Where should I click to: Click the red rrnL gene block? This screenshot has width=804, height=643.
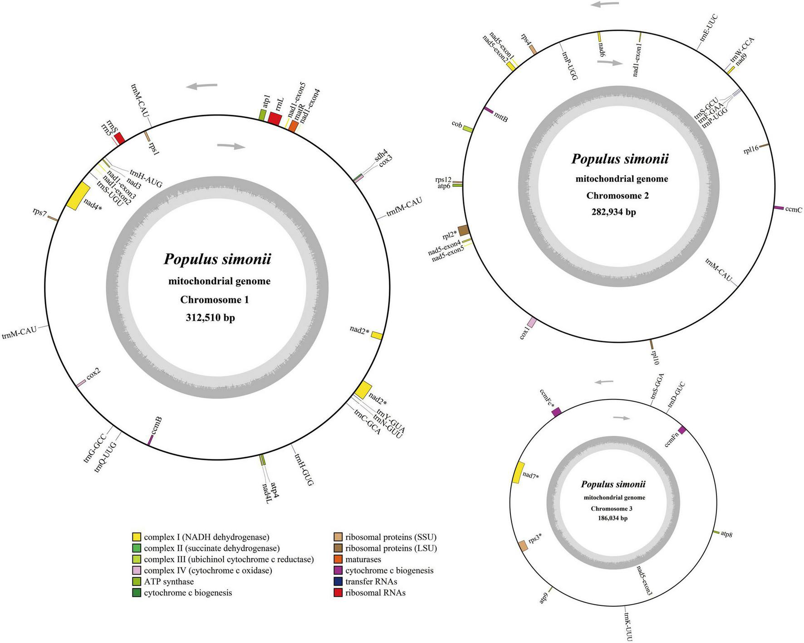coord(275,118)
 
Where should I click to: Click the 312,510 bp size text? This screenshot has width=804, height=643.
coord(210,318)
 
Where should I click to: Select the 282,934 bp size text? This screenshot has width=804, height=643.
coord(613,212)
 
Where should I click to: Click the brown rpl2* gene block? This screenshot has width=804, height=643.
coord(463,230)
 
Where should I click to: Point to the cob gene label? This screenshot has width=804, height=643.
coord(457,124)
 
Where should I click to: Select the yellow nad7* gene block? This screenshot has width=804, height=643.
coord(518,473)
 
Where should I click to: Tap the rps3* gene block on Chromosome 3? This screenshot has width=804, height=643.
coord(523,546)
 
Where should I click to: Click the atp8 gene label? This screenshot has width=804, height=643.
coord(726,534)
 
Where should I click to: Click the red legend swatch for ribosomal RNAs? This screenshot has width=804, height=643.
coord(338,593)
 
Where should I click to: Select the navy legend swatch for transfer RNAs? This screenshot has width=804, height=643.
coord(338,582)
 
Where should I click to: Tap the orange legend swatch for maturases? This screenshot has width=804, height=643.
coord(338,560)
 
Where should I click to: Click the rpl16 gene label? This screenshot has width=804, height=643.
coord(751,150)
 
